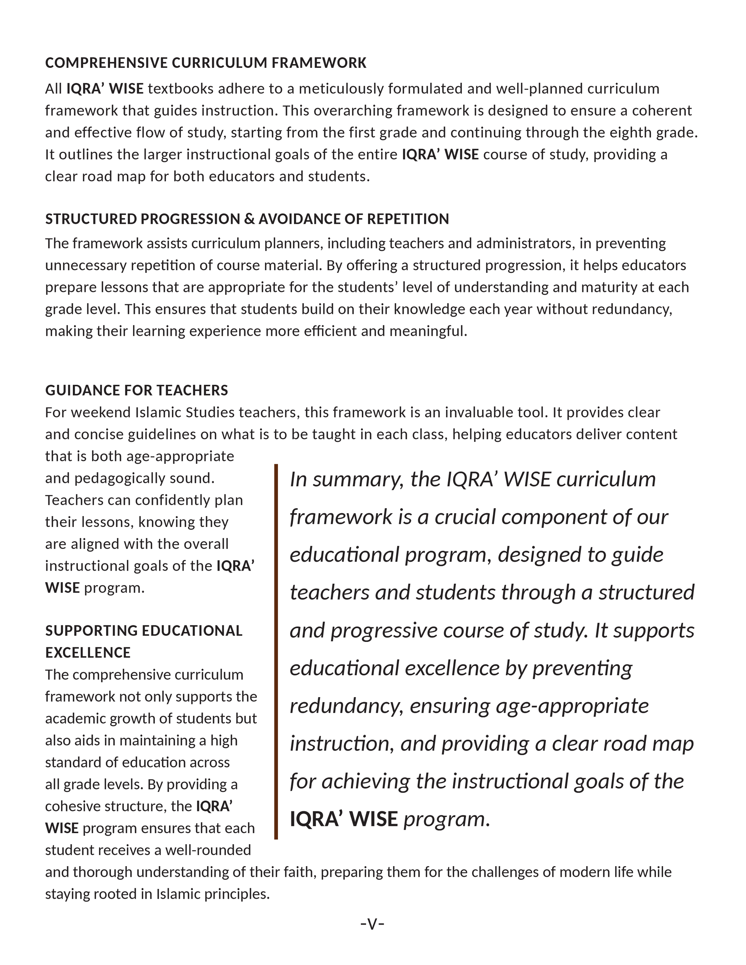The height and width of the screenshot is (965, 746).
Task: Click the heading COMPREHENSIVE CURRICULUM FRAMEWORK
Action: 205,63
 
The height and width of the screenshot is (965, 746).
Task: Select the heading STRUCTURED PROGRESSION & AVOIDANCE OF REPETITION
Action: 246,219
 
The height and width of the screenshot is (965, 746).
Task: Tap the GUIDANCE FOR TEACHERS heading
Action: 136,391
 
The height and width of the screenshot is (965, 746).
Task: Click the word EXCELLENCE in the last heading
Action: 88,653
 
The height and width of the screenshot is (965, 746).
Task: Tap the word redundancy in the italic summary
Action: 347,706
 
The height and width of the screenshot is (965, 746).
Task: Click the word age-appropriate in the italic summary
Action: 572,706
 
